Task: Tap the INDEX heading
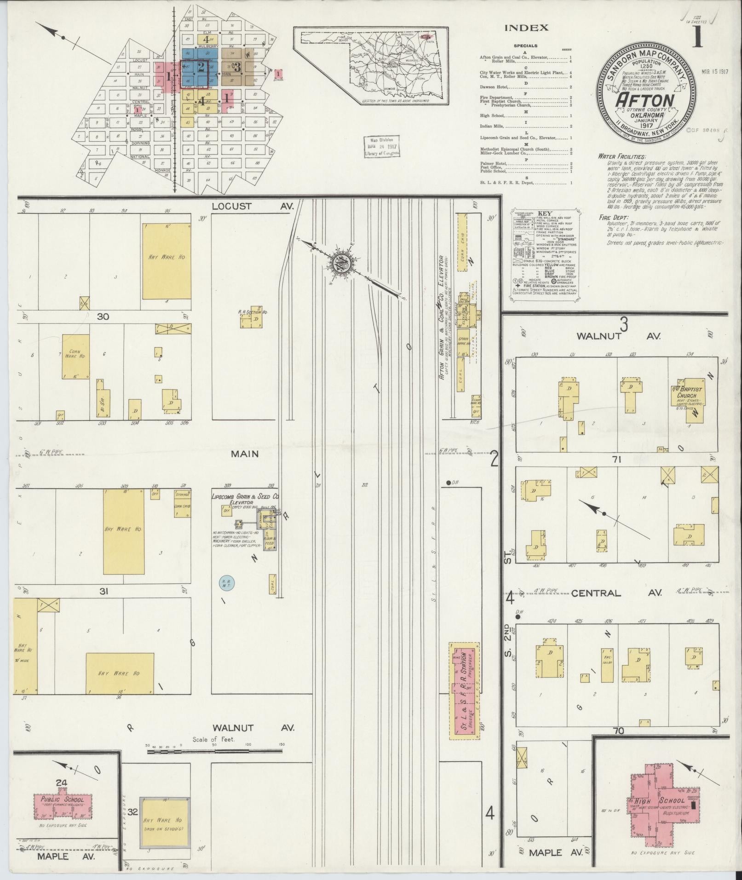pyautogui.click(x=526, y=28)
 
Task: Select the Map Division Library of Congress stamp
pyautogui.click(x=382, y=147)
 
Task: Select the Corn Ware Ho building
pyautogui.click(x=75, y=357)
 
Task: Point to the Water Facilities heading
pyautogui.click(x=622, y=156)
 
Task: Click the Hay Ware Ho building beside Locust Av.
pyautogui.click(x=166, y=261)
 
